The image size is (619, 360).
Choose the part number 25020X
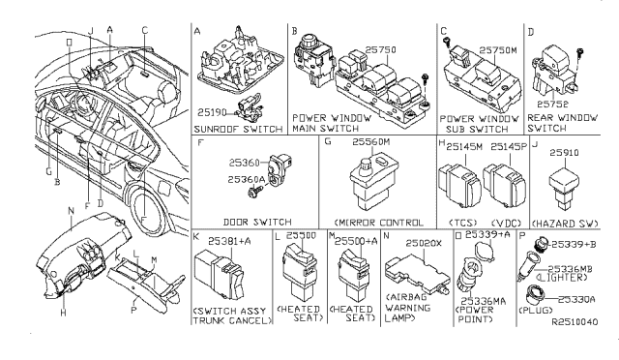(424, 243)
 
